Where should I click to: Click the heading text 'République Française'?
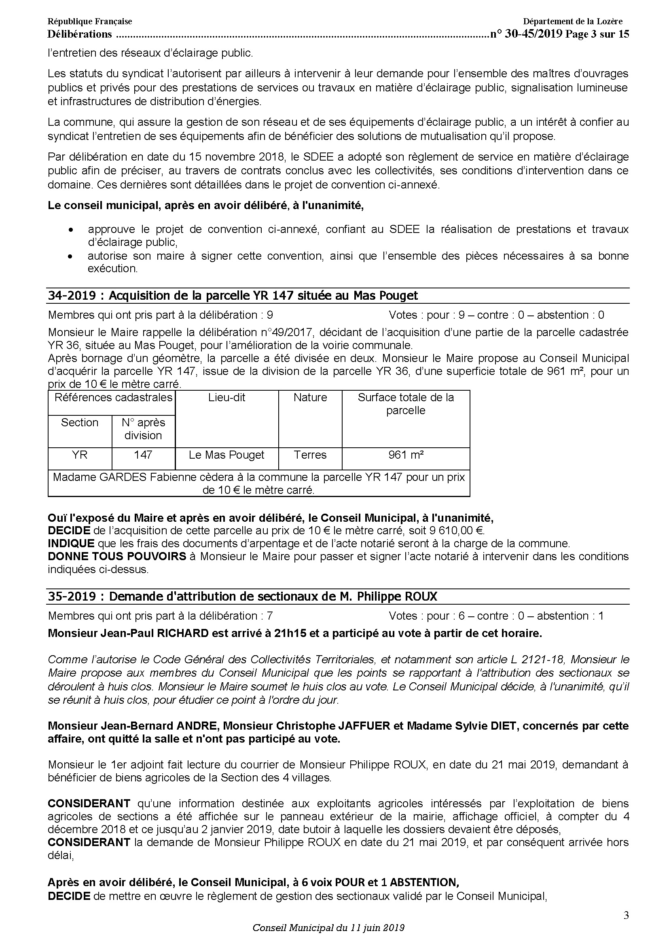(89, 21)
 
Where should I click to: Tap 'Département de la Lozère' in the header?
(573, 21)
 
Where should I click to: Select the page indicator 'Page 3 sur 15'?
(597, 34)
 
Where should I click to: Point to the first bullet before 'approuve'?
(72, 230)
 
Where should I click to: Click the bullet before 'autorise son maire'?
(72, 256)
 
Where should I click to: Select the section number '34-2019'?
(71, 295)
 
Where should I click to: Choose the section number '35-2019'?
(71, 596)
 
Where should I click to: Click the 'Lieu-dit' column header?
(227, 398)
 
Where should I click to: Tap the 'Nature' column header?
(310, 398)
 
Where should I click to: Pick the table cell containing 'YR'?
(80, 455)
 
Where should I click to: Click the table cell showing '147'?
(143, 455)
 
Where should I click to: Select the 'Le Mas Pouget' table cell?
(227, 455)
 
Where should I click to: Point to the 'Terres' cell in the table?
(310, 455)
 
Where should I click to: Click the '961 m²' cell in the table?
(406, 455)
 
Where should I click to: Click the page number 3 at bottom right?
(626, 916)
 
